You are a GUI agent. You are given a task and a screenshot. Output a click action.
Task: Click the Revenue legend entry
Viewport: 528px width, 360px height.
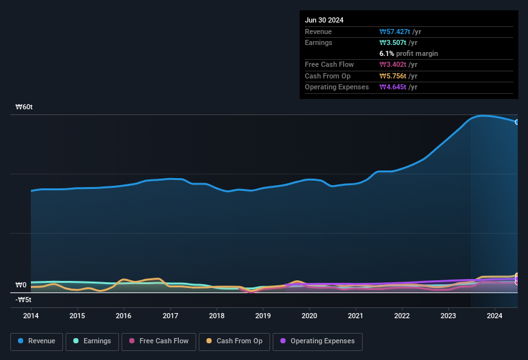[37, 341]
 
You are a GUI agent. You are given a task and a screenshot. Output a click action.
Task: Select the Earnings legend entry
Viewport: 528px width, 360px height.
[93, 341]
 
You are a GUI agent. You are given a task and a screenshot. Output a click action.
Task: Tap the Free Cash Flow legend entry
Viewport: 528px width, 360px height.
[159, 341]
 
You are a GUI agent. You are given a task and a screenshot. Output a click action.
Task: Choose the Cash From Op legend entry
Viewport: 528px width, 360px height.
[234, 341]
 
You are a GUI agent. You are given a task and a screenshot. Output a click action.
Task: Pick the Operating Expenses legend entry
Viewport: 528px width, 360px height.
[318, 341]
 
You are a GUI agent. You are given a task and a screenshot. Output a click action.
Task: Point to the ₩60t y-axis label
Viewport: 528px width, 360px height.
[24, 107]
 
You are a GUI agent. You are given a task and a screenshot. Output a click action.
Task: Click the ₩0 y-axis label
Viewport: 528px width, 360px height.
[21, 285]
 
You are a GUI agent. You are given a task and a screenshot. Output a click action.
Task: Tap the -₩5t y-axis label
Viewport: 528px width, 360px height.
[24, 300]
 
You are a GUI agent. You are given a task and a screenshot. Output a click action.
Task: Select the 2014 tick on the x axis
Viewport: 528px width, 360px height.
[31, 316]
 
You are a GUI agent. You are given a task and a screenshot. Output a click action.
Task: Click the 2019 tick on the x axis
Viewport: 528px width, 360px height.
[263, 316]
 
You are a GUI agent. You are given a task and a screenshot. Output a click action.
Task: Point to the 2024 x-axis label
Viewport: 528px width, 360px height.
[495, 316]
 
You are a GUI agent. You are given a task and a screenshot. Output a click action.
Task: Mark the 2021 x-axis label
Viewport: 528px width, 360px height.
[356, 316]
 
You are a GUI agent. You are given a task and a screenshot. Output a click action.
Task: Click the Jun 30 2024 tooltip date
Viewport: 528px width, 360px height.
[324, 20]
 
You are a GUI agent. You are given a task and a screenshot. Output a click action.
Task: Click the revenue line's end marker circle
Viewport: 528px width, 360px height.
[517, 122]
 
